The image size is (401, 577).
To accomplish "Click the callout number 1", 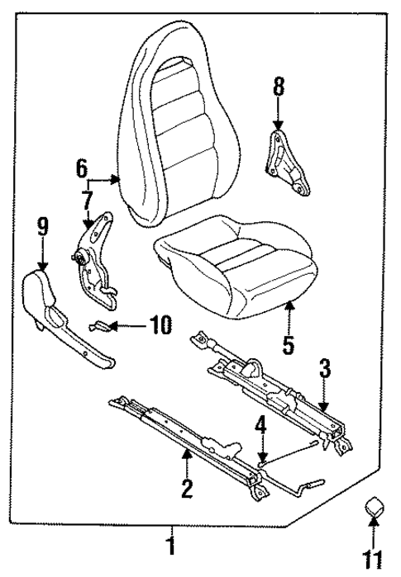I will tap(171, 546).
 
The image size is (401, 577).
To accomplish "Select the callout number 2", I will tap(187, 490).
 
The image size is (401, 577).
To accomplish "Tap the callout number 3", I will tap(325, 369).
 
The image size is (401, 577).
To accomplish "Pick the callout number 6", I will tap(82, 168).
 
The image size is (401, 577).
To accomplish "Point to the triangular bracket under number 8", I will tap(286, 161).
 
